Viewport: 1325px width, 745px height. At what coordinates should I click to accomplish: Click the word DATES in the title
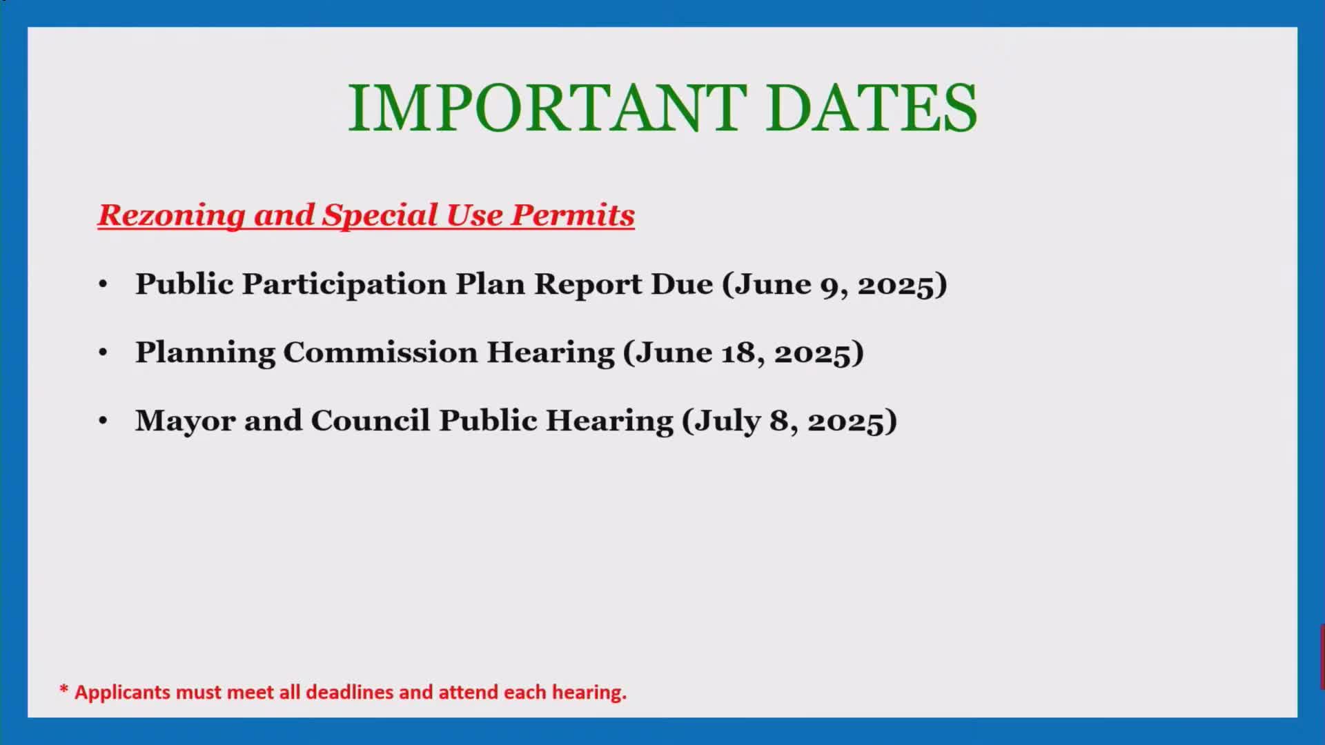(x=872, y=108)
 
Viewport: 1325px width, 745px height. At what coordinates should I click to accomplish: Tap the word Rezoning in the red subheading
(x=171, y=215)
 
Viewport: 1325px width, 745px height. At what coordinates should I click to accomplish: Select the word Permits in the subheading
(x=572, y=215)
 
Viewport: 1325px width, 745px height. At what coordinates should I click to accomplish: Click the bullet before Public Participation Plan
(x=103, y=284)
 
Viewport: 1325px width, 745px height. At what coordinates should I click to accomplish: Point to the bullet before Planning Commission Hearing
(x=103, y=352)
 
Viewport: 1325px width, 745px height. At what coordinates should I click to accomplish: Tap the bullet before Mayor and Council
(x=103, y=421)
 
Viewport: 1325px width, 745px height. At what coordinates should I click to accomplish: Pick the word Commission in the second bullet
(x=380, y=352)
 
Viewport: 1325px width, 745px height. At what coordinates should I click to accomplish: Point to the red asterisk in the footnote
(x=64, y=689)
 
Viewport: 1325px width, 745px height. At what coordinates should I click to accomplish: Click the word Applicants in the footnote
(x=123, y=693)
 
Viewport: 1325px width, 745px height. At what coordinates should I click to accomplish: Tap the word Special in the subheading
(x=380, y=215)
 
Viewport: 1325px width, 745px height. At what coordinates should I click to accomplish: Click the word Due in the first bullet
(x=682, y=284)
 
